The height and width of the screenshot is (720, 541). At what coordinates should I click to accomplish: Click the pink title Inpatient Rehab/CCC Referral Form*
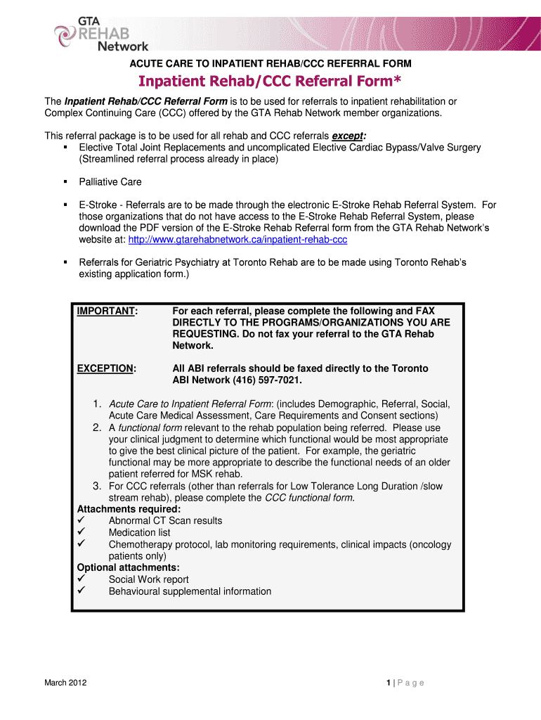[x=270, y=82]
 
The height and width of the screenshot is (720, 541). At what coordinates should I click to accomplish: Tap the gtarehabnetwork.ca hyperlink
[x=237, y=240]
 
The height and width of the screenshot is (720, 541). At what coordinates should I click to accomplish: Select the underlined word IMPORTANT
[x=107, y=311]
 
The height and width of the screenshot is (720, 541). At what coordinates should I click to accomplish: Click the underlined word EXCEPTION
[x=106, y=368]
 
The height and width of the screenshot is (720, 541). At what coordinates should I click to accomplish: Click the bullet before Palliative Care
[x=65, y=182]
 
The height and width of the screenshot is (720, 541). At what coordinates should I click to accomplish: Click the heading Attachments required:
[x=129, y=509]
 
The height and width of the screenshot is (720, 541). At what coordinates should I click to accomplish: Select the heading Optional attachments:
[x=128, y=567]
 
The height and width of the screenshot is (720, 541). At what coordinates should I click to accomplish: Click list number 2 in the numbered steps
[x=97, y=427]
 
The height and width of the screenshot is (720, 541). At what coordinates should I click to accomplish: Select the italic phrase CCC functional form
[x=309, y=498]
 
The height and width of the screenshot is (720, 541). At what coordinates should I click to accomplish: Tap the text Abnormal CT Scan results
[x=165, y=521]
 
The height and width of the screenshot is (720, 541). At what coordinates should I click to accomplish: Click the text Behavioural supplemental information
[x=190, y=591]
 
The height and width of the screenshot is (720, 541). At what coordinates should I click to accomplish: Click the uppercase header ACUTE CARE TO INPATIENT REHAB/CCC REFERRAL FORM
[x=270, y=64]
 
